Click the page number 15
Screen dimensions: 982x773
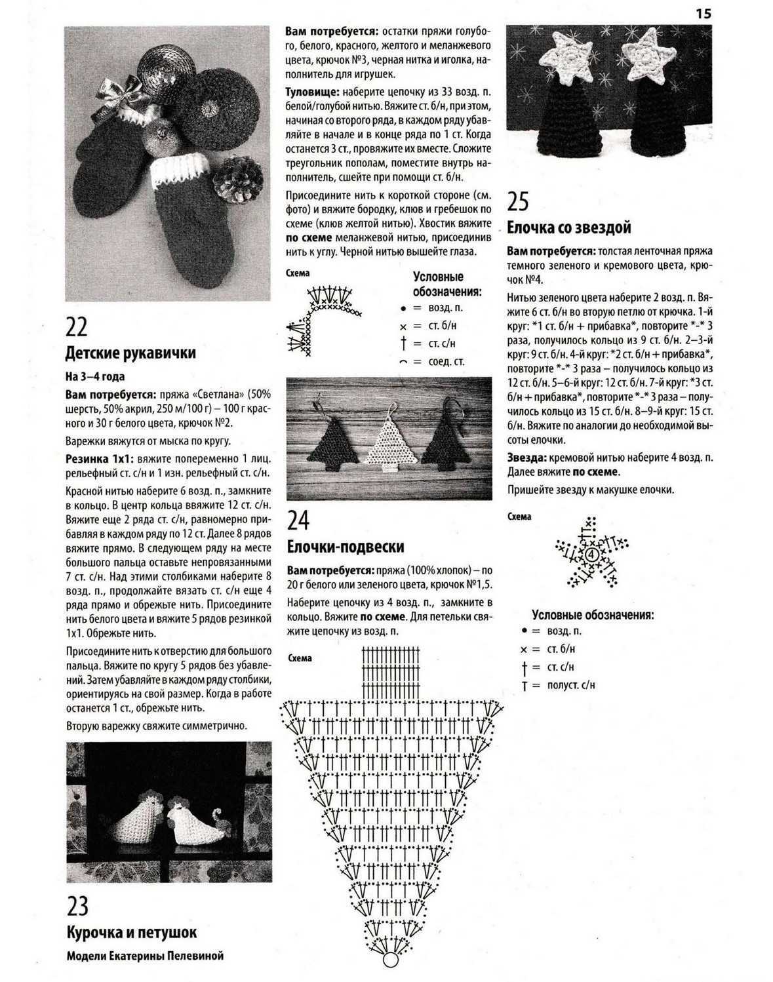coord(702,13)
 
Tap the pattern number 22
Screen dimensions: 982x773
coord(77,327)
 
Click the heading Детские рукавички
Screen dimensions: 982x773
coord(130,353)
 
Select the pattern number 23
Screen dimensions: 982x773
coord(77,907)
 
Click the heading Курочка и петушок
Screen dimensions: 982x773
coord(132,932)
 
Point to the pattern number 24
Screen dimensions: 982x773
coord(298,520)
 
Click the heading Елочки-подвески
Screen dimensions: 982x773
coord(346,547)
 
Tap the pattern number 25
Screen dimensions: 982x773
coord(518,201)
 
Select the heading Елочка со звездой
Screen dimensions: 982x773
coord(569,227)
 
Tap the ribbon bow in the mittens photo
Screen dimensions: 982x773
coord(117,96)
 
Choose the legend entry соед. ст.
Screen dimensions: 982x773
coord(446,361)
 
